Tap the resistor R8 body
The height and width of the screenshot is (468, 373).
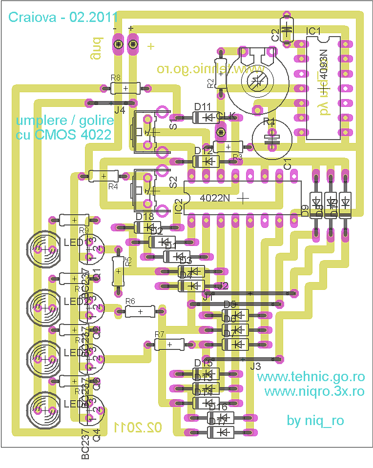point(126,88)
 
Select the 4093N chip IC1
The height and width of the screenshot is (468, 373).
point(323,88)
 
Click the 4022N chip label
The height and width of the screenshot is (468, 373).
point(215,198)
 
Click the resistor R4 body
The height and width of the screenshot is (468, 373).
point(103,176)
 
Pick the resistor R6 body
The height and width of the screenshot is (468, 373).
point(140,311)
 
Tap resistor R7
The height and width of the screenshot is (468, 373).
point(169,345)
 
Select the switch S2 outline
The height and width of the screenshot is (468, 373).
point(145,190)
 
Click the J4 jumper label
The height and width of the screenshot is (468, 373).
point(120,111)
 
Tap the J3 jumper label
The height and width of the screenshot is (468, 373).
point(255,366)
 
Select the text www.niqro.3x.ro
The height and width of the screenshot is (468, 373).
point(314,391)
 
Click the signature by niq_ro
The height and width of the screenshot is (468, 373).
point(315,421)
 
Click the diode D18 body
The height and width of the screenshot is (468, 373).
point(147,227)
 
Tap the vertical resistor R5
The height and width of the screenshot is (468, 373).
point(118,271)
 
